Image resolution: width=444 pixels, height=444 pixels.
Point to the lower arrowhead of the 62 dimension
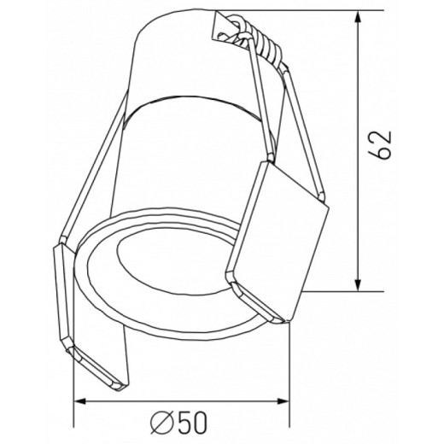click(358, 284)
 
